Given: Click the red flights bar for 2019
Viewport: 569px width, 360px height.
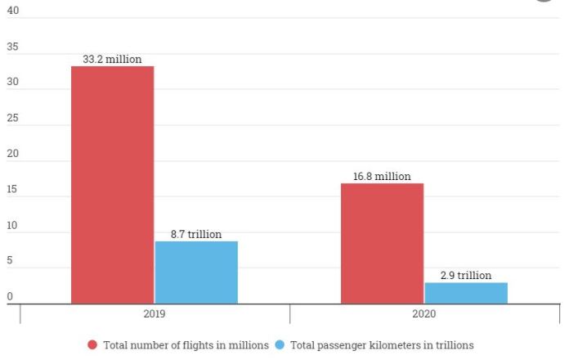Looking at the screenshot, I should pos(112,185).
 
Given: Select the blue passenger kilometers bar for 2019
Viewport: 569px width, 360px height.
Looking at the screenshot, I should pos(196,272).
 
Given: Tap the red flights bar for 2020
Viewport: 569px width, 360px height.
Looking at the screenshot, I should pos(382,244).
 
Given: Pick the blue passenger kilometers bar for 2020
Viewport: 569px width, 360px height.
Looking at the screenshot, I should pos(466,293).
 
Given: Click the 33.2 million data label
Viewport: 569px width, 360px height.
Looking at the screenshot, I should pos(112,59).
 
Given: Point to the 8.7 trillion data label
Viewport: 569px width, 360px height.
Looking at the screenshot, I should pos(196,234).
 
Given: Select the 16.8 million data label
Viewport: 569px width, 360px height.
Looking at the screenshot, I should pos(382,176).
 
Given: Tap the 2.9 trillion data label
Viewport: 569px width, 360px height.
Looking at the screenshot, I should pos(466,276).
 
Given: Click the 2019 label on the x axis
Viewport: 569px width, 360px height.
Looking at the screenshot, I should pos(155,314).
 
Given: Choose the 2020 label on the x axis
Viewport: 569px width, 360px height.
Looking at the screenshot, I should pos(424,314).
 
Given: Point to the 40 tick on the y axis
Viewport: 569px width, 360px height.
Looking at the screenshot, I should pos(12,11).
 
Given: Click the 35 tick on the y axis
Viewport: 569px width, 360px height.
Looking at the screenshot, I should pos(12,47).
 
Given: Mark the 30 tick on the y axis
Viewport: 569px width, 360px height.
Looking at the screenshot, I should pos(12,83).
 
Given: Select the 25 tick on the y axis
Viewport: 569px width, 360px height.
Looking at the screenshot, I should pos(12,119).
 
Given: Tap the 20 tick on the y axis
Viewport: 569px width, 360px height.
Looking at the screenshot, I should pos(12,154).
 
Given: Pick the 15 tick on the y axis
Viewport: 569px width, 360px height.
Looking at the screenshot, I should pos(12,190).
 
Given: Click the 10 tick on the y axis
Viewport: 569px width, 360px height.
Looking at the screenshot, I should pos(12,225).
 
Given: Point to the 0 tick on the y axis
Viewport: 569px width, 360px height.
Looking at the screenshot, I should pos(10,296).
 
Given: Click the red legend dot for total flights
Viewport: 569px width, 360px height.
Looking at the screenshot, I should pos(92,345).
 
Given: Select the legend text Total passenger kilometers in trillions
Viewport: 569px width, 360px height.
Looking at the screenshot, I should pos(382,345).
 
